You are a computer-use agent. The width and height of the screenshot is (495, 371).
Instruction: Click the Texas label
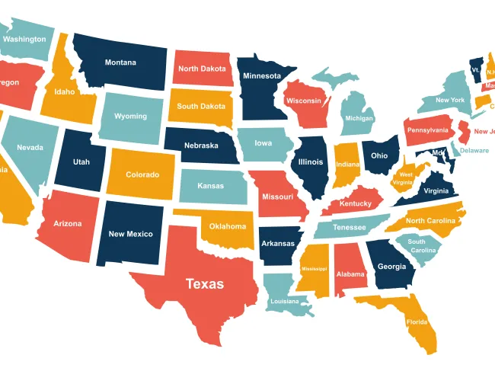[205, 284]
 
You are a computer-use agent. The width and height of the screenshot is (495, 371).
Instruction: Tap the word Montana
[120, 62]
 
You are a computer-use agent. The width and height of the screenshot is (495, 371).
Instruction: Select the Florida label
[416, 322]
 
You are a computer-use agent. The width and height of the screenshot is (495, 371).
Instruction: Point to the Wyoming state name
[130, 117]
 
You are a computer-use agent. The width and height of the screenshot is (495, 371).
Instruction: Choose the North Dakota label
[202, 69]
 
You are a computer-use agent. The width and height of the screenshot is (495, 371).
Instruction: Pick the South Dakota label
[201, 107]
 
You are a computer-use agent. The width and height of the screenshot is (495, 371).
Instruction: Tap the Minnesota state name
[261, 76]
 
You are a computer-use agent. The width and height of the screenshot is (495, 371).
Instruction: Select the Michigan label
[359, 119]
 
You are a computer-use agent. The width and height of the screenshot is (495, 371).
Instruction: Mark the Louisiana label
[285, 302]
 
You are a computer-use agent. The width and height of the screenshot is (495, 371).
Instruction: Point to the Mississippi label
[313, 269]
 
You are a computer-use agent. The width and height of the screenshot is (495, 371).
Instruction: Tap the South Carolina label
[422, 246]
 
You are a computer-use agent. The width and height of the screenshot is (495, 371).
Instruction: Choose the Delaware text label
[474, 151]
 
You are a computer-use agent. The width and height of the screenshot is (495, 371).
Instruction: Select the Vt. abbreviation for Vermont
[475, 69]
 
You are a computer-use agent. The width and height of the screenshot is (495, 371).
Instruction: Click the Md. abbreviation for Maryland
[438, 153]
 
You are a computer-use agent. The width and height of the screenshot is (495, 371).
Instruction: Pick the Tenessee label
[350, 228]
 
